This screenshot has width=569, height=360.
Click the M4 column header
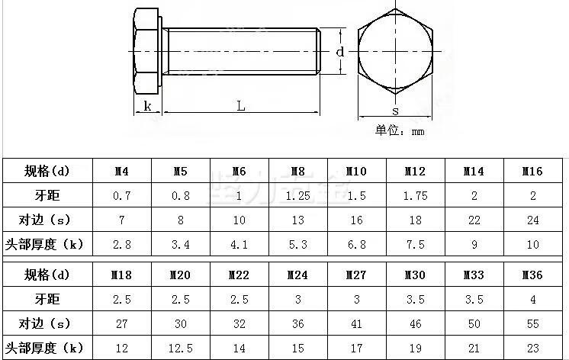tap(121, 172)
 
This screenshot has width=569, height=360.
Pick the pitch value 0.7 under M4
tap(121, 196)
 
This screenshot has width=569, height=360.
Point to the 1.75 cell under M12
tap(415, 196)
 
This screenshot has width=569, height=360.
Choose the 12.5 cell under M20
tap(180, 348)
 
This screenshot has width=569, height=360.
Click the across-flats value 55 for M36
tap(532, 323)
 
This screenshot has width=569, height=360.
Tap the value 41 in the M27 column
tap(356, 323)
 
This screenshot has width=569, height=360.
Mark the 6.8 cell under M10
tap(356, 245)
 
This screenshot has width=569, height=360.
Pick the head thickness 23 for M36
tap(532, 348)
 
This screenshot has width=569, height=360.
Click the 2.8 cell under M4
tap(121, 245)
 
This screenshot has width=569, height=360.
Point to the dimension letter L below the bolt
tap(240, 107)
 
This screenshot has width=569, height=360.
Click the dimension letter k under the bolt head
tap(146, 107)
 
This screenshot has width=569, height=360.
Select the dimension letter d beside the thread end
tap(340, 52)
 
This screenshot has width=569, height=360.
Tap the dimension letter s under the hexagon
tap(395, 111)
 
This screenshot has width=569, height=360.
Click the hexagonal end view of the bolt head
tap(395, 52)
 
